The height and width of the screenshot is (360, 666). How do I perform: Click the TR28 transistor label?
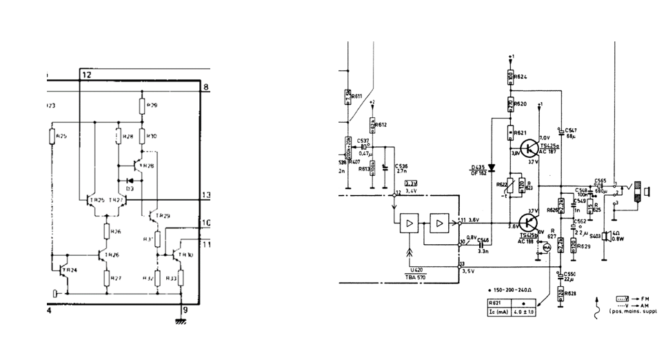[146, 166]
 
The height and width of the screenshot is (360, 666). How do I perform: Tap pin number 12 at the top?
[85, 73]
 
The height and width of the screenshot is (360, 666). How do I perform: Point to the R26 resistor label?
[116, 231]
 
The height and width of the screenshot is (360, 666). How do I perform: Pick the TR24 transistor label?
[70, 269]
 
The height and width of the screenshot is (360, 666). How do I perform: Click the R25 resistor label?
[61, 136]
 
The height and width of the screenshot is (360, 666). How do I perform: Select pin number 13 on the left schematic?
[204, 196]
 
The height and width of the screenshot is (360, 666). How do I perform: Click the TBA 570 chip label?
[415, 277]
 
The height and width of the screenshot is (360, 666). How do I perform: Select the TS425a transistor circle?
[528, 148]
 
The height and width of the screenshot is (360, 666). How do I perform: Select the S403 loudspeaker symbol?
[607, 237]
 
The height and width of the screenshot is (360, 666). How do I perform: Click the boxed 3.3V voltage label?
[411, 183]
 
